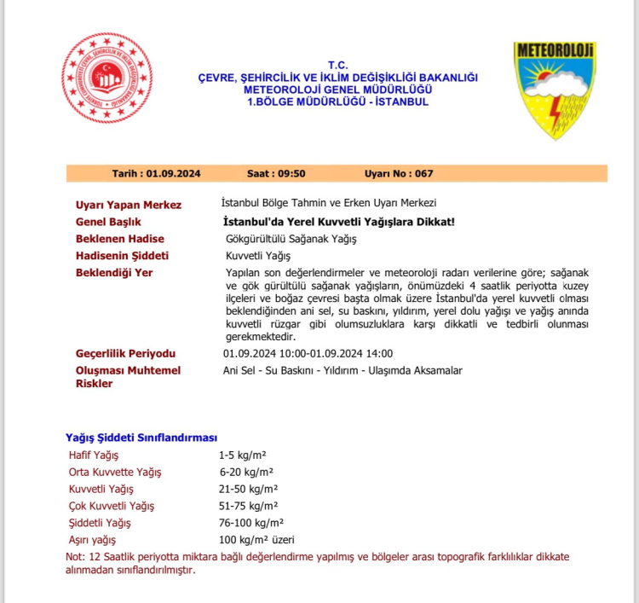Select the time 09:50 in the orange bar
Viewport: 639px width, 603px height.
tap(291, 174)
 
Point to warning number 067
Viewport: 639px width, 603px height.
tap(424, 174)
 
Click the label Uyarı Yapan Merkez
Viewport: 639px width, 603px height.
tap(129, 205)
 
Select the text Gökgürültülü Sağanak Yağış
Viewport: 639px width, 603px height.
tap(290, 239)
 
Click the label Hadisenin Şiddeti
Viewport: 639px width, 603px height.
tap(123, 256)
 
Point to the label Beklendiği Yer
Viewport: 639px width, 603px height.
tap(114, 273)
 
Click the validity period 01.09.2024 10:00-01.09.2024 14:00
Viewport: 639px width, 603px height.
tap(308, 353)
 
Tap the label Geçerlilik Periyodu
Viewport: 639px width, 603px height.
tap(126, 353)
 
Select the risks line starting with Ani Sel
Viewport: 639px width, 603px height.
tap(342, 370)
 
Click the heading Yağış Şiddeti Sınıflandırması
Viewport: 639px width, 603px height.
tap(141, 438)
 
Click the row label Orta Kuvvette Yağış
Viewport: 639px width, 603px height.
tap(114, 472)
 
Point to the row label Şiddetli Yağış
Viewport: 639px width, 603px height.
tap(100, 523)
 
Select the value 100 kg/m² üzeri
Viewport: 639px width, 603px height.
tap(256, 540)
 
